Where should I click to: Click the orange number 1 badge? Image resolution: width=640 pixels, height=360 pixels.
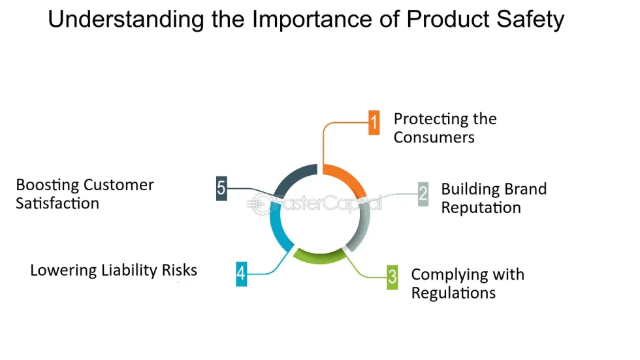tap(374, 122)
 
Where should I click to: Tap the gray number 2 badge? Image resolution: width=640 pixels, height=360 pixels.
tap(423, 193)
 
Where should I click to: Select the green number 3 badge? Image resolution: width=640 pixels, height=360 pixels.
tap(392, 276)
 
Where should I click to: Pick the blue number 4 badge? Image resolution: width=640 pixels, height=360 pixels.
tap(242, 273)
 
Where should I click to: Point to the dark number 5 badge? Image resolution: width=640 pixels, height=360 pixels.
tap(221, 188)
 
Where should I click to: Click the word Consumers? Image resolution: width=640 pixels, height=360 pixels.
tap(434, 137)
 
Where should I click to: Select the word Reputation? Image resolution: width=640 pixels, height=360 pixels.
tap(481, 208)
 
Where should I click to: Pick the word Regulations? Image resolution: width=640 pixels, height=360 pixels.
tap(453, 292)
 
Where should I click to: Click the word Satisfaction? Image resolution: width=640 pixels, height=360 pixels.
tap(57, 203)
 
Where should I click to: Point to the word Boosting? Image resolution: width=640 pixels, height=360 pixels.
tap(46, 185)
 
